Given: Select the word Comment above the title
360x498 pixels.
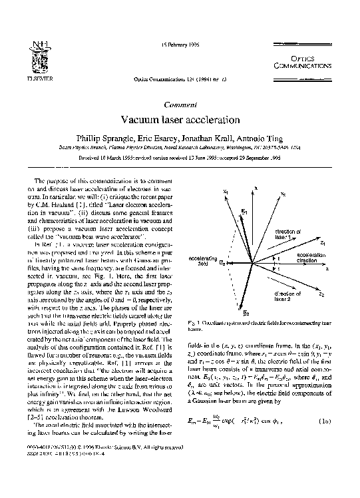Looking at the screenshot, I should [x=179, y=105].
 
